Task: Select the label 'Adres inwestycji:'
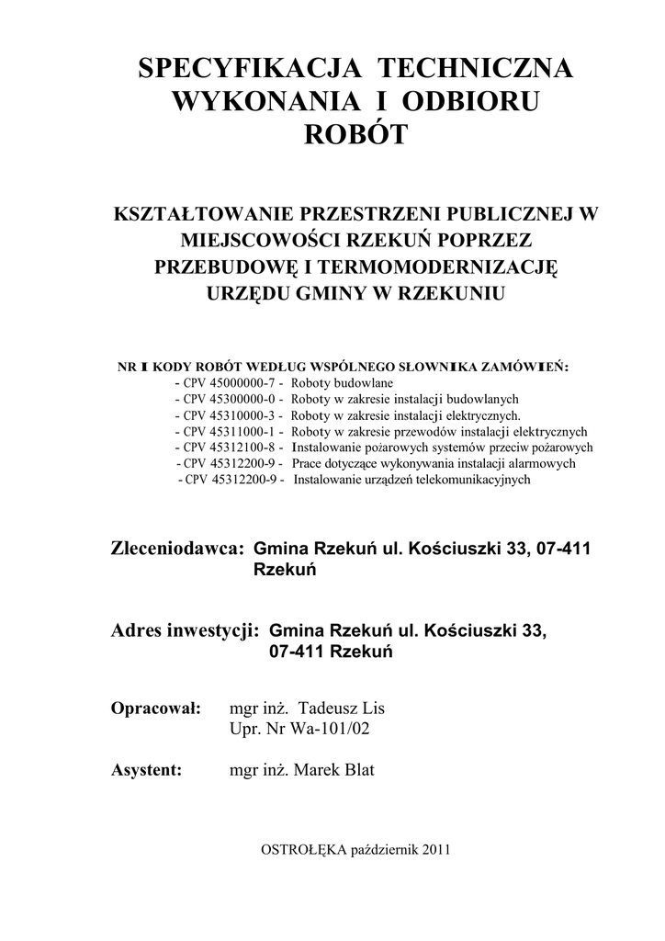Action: coord(186,631)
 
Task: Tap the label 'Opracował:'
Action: coord(155,709)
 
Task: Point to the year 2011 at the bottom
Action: coord(435,851)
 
